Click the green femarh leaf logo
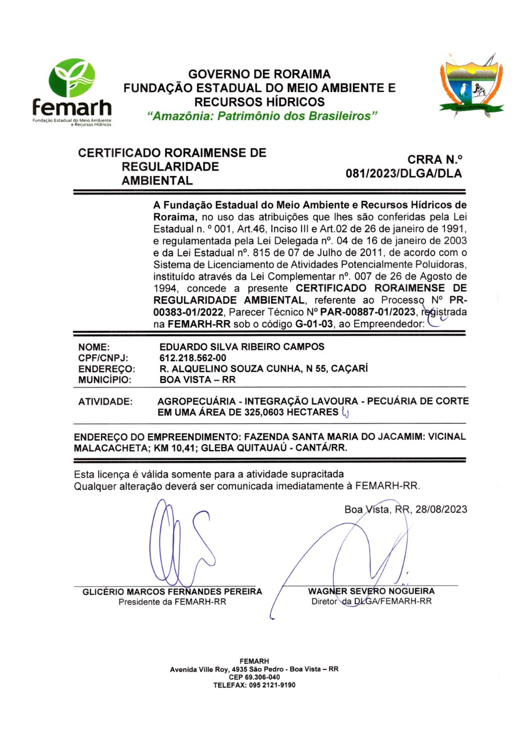72,78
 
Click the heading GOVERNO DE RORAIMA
259,74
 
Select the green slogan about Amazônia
262,116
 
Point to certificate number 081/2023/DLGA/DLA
404,173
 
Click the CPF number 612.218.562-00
193,358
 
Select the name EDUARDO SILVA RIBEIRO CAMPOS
242,347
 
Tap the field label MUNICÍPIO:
105,380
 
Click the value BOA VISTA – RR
198,380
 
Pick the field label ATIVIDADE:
105,401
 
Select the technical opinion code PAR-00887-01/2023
367,312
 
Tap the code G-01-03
314,324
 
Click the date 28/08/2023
441,509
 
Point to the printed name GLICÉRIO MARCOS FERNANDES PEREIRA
172,591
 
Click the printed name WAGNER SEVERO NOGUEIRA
371,591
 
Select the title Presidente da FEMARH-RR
172,602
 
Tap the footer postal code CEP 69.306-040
254,677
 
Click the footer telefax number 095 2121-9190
272,685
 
